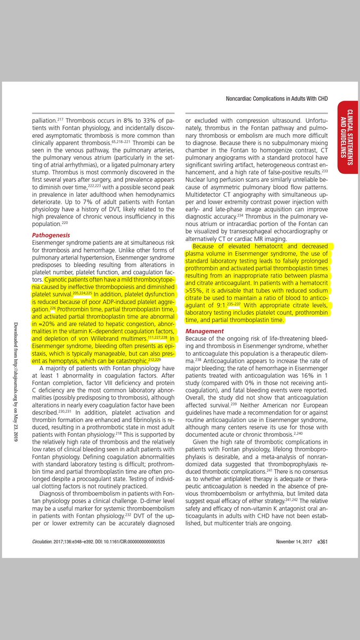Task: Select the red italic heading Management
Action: click(205, 331)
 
